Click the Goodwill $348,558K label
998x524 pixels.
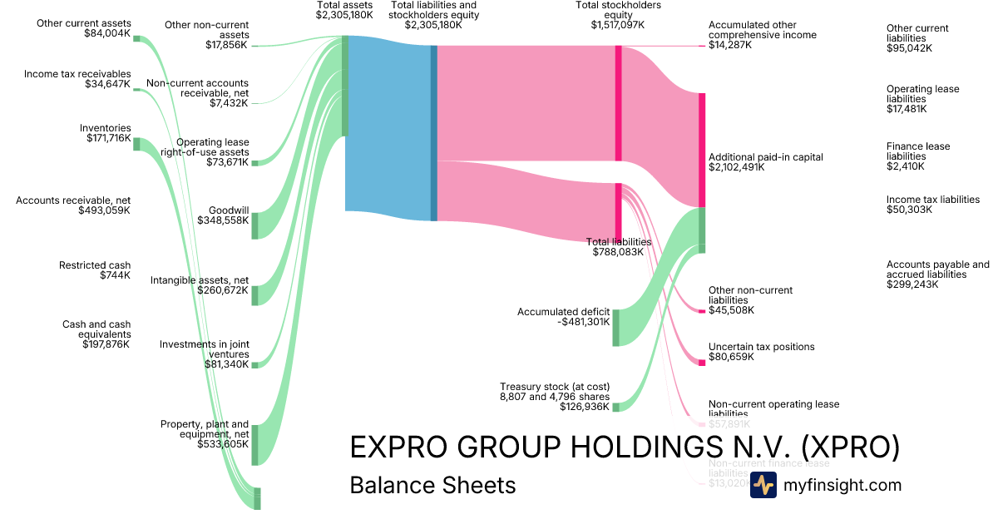point(223,215)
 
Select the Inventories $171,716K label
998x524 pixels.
point(108,133)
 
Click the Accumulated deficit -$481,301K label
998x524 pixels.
point(564,317)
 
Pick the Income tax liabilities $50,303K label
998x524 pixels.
point(933,205)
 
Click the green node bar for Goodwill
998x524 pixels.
point(254,225)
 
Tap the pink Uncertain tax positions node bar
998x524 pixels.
point(701,362)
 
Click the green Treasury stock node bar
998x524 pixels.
point(615,407)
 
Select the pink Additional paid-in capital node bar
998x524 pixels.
point(702,150)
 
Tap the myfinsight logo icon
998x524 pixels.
point(763,485)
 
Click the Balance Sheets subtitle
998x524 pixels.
point(432,485)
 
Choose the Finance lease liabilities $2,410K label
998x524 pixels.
point(918,157)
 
